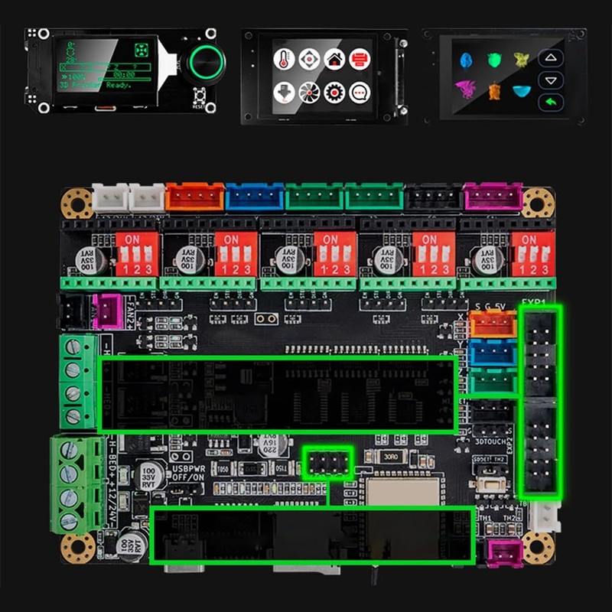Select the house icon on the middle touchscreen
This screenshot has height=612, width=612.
pyautogui.click(x=334, y=58)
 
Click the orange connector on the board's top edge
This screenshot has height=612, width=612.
pyautogui.click(x=194, y=197)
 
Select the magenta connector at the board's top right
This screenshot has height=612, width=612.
pyautogui.click(x=493, y=197)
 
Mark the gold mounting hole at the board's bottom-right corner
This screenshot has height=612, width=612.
pyautogui.click(x=538, y=545)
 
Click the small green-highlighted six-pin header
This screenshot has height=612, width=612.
pyautogui.click(x=327, y=462)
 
